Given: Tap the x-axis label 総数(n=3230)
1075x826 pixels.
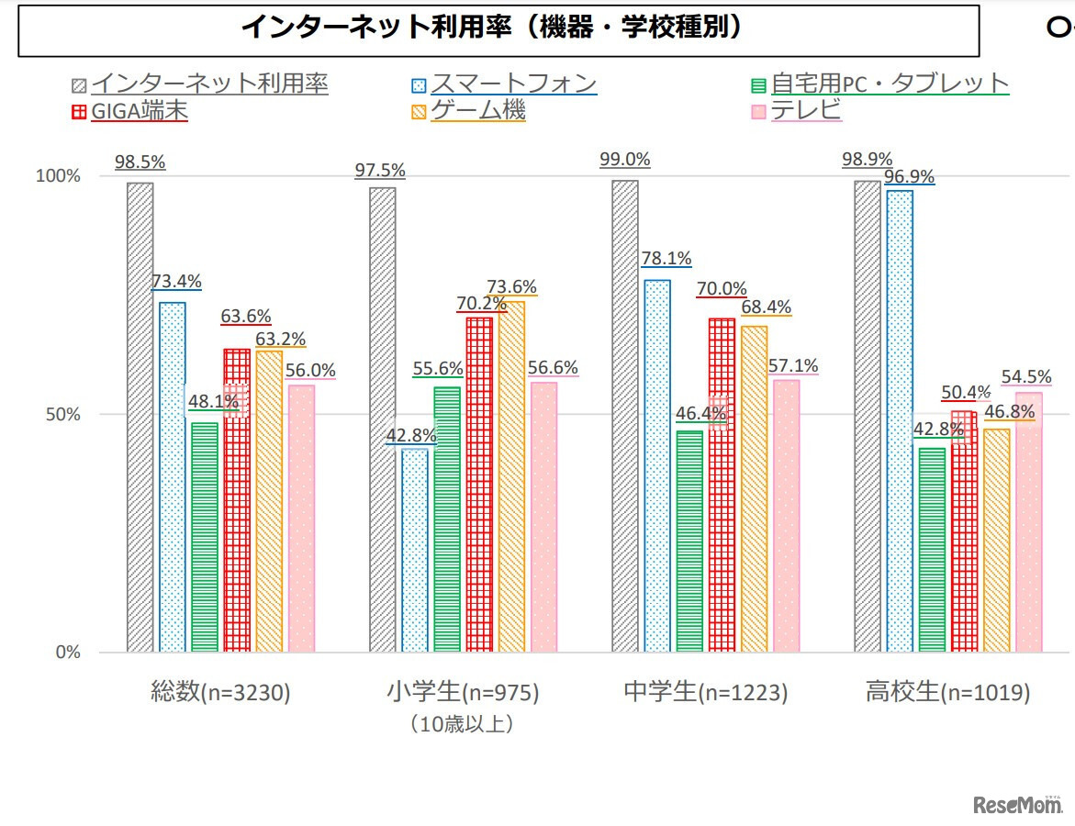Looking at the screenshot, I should pyautogui.click(x=220, y=693).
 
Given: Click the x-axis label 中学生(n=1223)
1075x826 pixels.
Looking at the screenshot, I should pyautogui.click(x=705, y=693).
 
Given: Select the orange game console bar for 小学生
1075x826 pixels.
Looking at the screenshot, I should pyautogui.click(x=511, y=476).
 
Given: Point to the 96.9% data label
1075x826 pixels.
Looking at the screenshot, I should pyautogui.click(x=910, y=175).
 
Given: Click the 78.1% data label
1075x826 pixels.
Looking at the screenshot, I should pyautogui.click(x=666, y=259).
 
